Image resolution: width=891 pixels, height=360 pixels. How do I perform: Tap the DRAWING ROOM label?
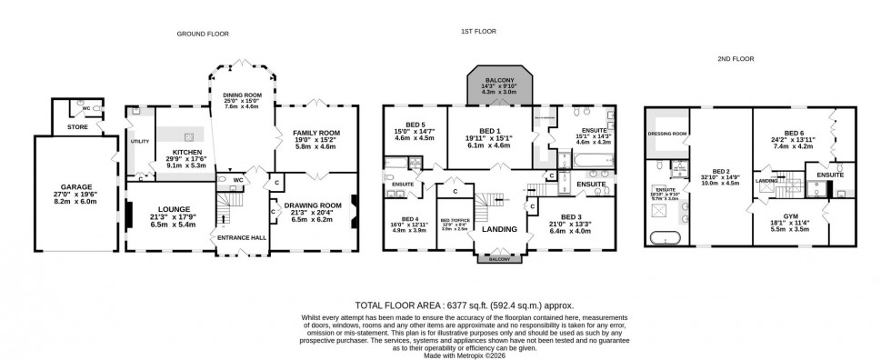(x=313, y=205)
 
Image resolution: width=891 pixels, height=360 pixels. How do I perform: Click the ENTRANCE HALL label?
(x=235, y=237)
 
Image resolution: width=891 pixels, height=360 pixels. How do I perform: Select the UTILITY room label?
(x=139, y=142)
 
